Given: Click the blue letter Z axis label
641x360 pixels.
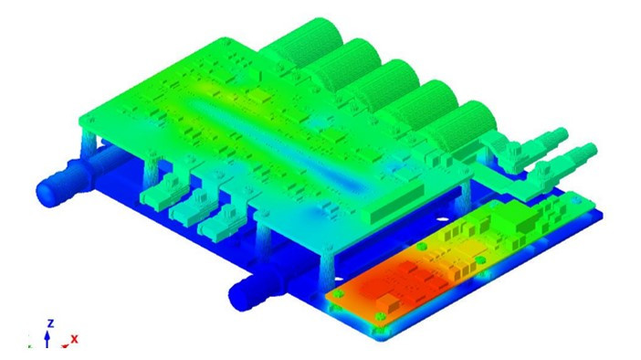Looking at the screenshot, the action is pos(50,323).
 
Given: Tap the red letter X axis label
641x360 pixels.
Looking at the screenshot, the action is pos(74,339).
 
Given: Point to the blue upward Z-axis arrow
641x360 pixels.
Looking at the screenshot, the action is pos(47,339).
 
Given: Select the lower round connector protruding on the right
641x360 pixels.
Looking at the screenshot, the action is pos(573,160).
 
